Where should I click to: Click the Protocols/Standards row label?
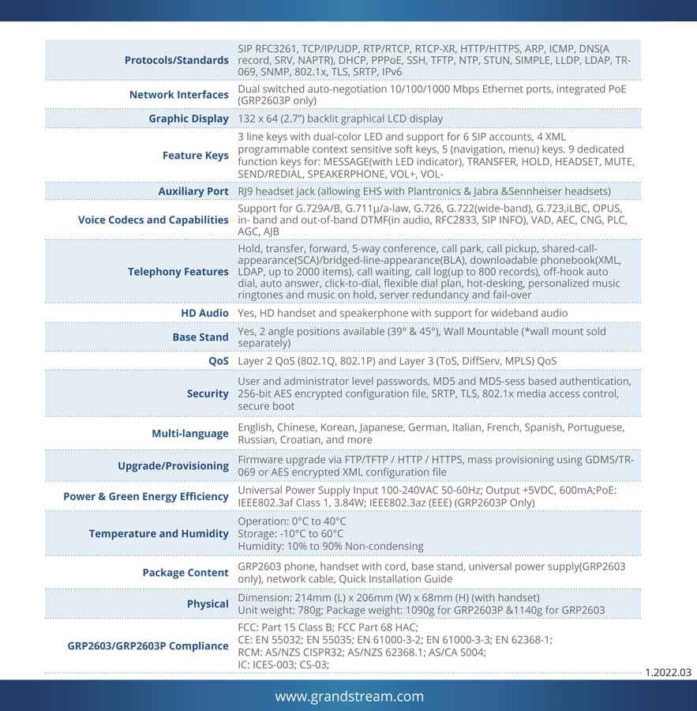(176, 60)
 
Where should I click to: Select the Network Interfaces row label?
(178, 95)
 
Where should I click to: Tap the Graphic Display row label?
(189, 118)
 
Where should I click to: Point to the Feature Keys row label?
(195, 156)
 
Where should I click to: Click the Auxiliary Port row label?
(193, 191)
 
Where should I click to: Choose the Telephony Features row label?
(178, 272)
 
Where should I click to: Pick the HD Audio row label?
(204, 314)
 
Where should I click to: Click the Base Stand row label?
(200, 337)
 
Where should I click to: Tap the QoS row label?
(219, 361)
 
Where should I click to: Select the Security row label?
(208, 393)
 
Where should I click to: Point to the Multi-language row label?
(189, 434)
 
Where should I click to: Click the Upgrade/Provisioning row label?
(173, 466)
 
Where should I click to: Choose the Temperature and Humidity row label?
(159, 534)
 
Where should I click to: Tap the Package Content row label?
(185, 573)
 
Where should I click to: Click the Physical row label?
(208, 604)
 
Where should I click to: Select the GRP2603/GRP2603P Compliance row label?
(148, 646)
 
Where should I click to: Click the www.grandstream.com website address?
(349, 696)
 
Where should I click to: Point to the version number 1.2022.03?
(668, 673)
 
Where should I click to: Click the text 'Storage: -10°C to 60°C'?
(297, 534)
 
